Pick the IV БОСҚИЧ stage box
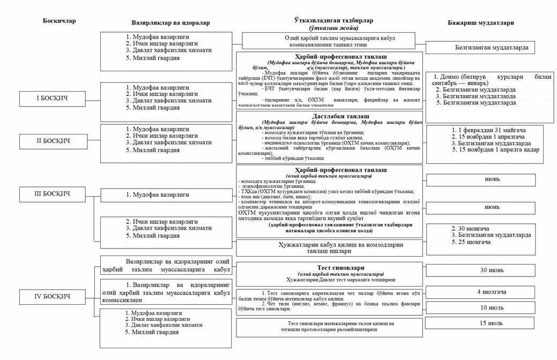click(x=52, y=296)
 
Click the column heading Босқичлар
click(x=59, y=21)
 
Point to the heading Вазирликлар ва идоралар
click(x=170, y=24)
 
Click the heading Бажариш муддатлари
click(x=480, y=24)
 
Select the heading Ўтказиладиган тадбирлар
click(x=325, y=20)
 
